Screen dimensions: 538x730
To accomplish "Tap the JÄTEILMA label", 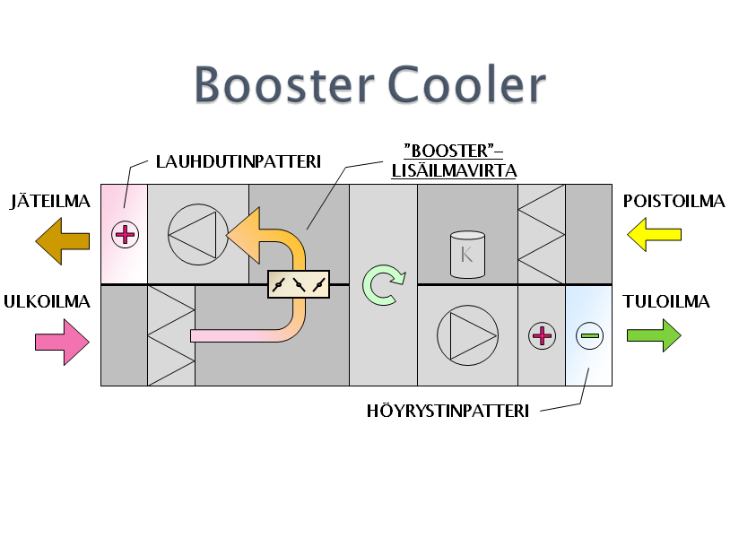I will [x=50, y=201].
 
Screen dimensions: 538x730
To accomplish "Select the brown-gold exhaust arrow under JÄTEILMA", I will [x=63, y=241].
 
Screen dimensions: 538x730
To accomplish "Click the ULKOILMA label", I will [x=50, y=301].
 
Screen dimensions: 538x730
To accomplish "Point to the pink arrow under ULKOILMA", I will [x=63, y=342].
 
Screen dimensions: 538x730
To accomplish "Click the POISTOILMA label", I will [x=674, y=201].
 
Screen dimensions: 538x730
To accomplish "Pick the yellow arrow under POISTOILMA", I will [x=654, y=236].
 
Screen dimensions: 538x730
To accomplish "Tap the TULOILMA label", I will [x=667, y=301].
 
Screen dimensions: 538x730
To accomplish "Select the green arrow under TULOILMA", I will [x=654, y=336].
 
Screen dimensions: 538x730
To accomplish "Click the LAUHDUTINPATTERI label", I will [x=238, y=162].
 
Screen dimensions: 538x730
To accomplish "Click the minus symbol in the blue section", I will [x=589, y=336].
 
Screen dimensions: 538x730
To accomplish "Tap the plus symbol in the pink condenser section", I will [x=125, y=235].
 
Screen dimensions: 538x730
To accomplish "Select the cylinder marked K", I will [x=466, y=254].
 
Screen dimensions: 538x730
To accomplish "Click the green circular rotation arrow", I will [x=383, y=285].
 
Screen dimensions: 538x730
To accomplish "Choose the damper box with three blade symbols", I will [x=298, y=284].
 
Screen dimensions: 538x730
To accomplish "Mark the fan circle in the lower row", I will [x=466, y=335].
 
